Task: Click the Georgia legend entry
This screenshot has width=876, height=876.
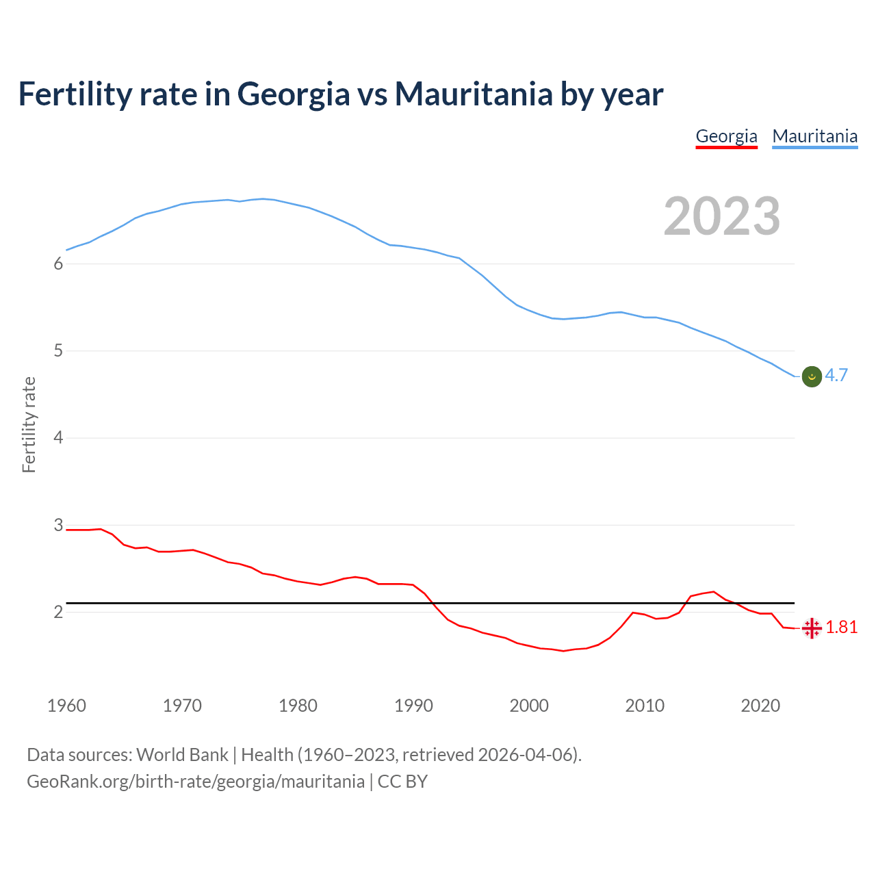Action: tap(726, 136)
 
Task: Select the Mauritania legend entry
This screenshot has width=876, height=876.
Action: tap(814, 136)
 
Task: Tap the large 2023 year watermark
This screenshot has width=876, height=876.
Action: tap(721, 216)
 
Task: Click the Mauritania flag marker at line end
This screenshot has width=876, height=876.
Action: tap(812, 376)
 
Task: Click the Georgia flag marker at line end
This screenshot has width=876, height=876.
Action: tap(812, 628)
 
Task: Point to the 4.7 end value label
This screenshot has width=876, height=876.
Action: tap(836, 375)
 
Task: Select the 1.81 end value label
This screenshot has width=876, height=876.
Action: tap(841, 627)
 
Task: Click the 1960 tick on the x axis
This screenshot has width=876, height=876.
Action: tap(66, 706)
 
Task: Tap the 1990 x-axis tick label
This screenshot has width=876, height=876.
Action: tap(413, 706)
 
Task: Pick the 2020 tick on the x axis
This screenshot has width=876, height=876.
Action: tap(760, 706)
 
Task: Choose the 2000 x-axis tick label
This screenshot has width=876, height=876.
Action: tap(529, 706)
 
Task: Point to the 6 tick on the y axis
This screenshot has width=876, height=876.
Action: tap(58, 264)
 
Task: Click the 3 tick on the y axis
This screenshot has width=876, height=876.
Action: tap(58, 525)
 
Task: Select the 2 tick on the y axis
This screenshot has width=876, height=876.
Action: tap(58, 612)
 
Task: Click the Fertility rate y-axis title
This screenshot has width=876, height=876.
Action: tap(29, 424)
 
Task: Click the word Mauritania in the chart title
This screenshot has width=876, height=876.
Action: tap(474, 94)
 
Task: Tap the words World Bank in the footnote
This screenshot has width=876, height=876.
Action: tap(182, 755)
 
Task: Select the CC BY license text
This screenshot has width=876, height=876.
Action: tap(402, 782)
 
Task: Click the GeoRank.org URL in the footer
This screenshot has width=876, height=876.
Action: tap(196, 782)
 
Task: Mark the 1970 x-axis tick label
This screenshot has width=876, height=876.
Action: tap(182, 706)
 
